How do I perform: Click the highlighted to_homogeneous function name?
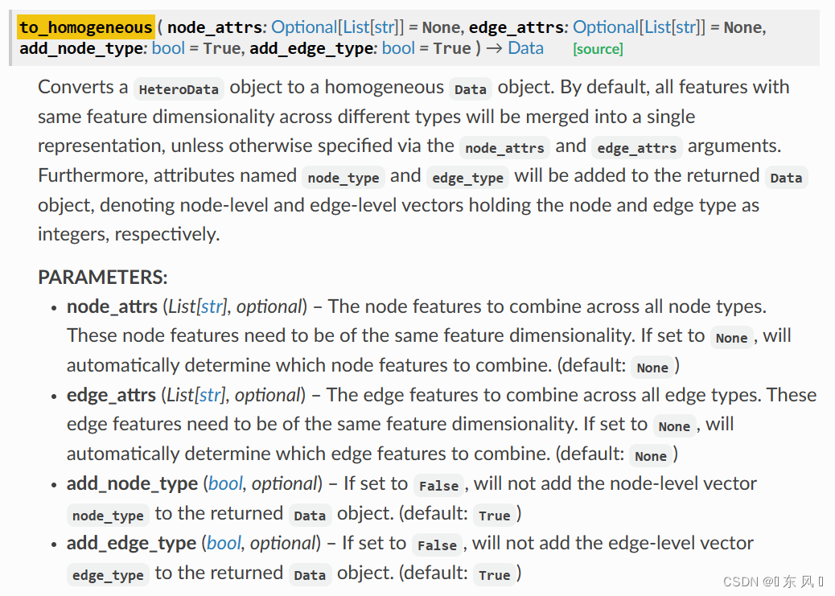(x=86, y=27)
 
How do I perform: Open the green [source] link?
(x=598, y=49)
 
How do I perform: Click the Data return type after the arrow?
(x=525, y=48)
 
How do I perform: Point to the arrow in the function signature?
(x=494, y=48)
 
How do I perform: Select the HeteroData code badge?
(x=179, y=89)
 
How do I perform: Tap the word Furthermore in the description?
(x=93, y=175)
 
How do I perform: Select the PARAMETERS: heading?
(x=103, y=277)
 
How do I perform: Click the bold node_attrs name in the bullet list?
(x=112, y=306)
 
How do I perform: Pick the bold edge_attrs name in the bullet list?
(x=111, y=395)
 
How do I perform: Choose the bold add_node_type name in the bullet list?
(x=132, y=483)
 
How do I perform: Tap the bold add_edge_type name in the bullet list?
(x=132, y=543)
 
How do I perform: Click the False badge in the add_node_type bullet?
(x=438, y=485)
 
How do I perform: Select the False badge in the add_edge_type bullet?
(x=437, y=545)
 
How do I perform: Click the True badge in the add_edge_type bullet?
(x=494, y=575)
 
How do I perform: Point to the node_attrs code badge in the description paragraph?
(x=505, y=147)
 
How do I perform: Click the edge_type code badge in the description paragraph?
(x=467, y=178)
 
